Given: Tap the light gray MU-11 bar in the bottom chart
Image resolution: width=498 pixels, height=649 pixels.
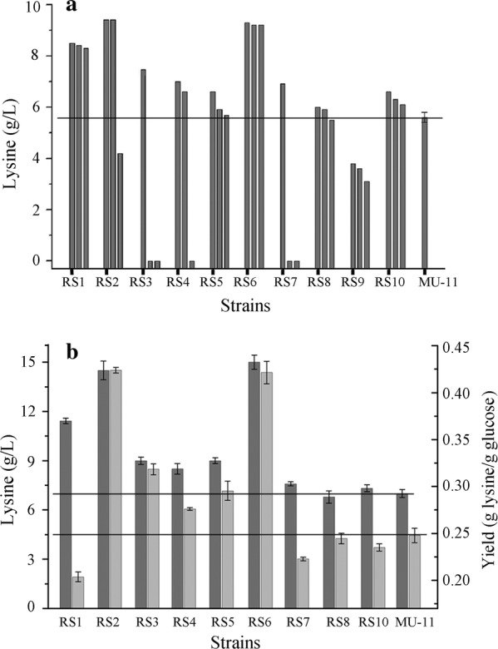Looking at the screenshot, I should pyautogui.click(x=416, y=571).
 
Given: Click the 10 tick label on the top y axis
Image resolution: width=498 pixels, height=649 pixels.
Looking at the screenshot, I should pyautogui.click(x=32, y=7).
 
